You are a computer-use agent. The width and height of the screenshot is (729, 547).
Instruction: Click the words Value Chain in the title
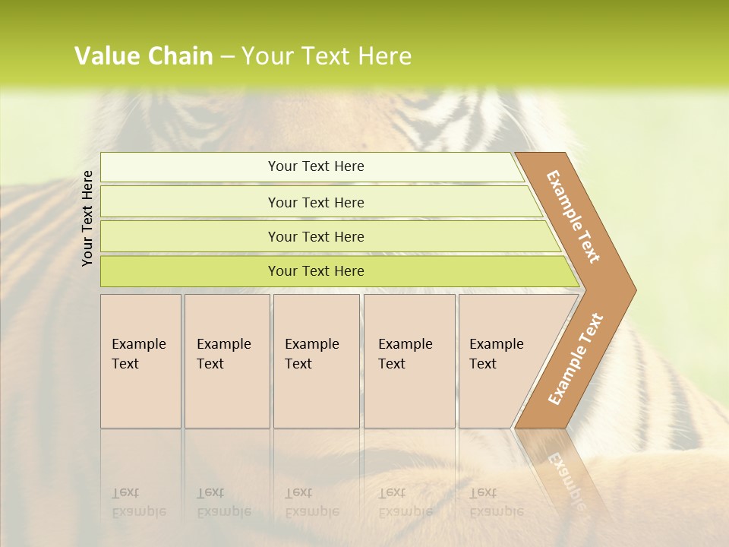click(144, 56)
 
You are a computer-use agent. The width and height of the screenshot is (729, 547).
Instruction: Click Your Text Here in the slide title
click(327, 56)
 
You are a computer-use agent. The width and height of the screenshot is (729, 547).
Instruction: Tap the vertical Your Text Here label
click(87, 218)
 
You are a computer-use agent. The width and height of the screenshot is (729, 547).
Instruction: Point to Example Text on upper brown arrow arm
click(573, 217)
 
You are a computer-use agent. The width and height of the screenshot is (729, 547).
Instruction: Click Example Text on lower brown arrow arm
click(575, 359)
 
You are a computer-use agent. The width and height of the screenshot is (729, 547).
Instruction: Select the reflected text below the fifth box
click(497, 502)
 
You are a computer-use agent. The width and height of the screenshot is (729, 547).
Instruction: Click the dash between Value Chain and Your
click(227, 57)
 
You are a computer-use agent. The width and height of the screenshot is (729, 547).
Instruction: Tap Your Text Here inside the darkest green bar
click(316, 271)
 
